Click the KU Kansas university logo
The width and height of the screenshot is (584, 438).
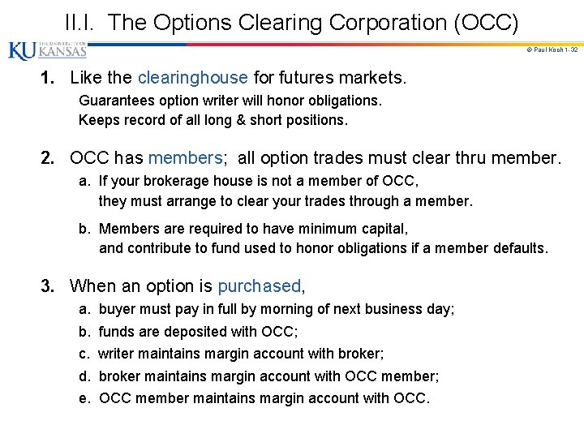click(x=47, y=51)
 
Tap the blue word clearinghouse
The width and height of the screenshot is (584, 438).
click(x=192, y=78)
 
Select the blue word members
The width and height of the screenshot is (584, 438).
click(x=185, y=157)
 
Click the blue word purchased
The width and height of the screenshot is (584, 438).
click(x=259, y=286)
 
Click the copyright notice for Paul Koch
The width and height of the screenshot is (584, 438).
click(x=552, y=50)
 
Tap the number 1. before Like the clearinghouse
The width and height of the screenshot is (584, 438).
click(x=49, y=78)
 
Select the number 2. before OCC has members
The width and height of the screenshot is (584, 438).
click(x=49, y=157)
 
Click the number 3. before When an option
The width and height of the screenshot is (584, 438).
click(x=49, y=286)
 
